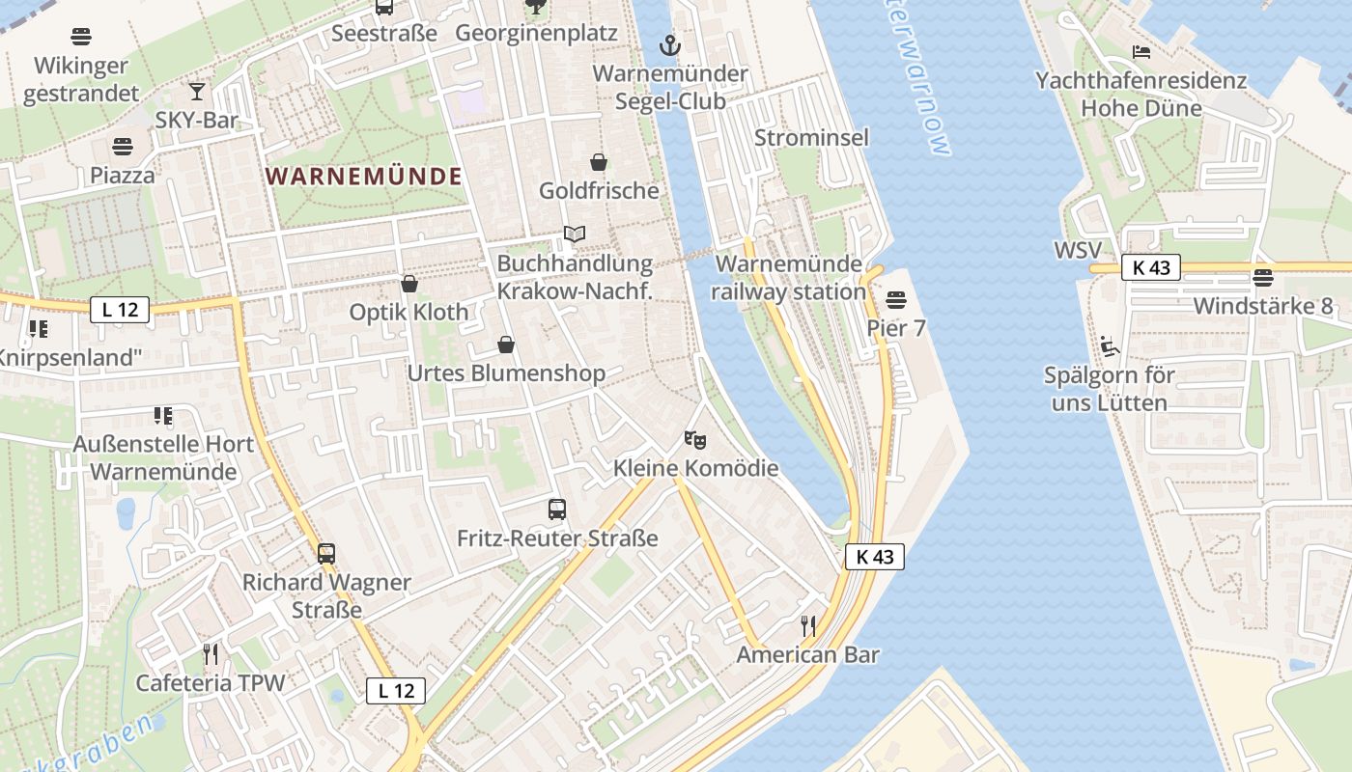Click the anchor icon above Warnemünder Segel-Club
coord(668,44)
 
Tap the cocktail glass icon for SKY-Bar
coord(197,91)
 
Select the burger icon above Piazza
coord(123,147)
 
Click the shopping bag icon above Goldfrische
coord(599,162)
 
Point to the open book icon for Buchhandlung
coord(575,234)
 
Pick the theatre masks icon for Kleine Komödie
coord(695,440)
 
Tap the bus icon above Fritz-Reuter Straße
coord(557,510)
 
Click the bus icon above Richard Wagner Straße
coord(326,554)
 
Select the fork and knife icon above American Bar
coord(808,626)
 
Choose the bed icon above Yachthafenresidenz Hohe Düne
coord(1141,52)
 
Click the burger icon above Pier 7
coord(896,299)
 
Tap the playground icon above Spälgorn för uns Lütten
coord(1109,345)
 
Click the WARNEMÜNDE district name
coord(363,177)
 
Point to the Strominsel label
coord(811,137)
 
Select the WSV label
coord(1078,251)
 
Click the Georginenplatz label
coord(536,33)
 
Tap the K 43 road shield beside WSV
coord(1151,268)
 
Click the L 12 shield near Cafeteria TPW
coord(396,690)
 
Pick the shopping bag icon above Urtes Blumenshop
coord(506,345)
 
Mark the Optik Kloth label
coord(408,312)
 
